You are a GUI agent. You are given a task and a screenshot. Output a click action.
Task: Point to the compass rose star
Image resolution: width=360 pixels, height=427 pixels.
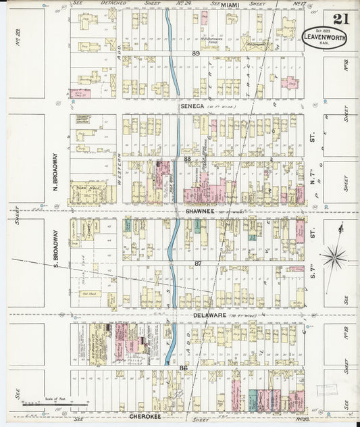[x=334, y=257]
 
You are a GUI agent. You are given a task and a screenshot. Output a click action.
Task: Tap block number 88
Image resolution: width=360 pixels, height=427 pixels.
[x=186, y=159]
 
